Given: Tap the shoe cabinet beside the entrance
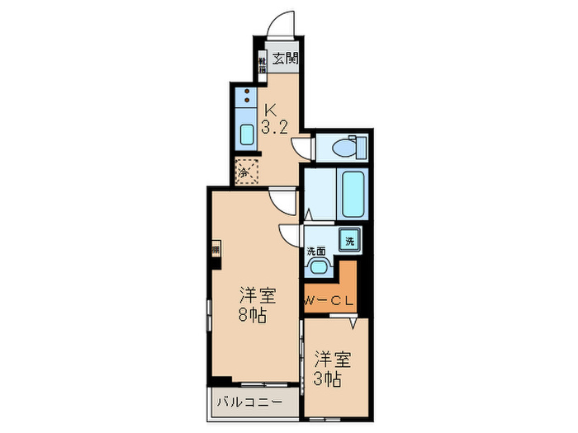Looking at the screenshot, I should (x=262, y=64).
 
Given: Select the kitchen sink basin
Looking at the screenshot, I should (x=247, y=134).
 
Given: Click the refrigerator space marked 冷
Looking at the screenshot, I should (x=246, y=172).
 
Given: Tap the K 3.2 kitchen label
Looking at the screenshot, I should (x=273, y=118).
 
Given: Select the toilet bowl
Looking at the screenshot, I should (x=346, y=148).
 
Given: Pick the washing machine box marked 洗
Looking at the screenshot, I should (x=349, y=241).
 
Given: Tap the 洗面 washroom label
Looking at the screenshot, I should (x=316, y=251).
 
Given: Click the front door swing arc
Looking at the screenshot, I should (x=281, y=21).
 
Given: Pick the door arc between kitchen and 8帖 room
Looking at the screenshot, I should (x=285, y=199).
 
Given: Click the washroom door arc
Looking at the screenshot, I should (x=291, y=235).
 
